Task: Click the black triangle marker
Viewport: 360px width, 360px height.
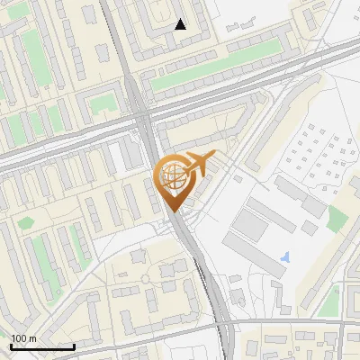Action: [180, 24]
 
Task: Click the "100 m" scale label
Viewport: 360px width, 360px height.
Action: [24, 338]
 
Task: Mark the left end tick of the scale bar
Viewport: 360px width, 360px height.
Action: [11, 346]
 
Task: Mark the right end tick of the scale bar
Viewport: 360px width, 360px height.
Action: [74, 346]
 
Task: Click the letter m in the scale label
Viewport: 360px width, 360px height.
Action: [33, 338]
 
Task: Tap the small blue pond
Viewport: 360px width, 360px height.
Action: [285, 257]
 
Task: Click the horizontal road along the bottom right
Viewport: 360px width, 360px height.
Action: [297, 321]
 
